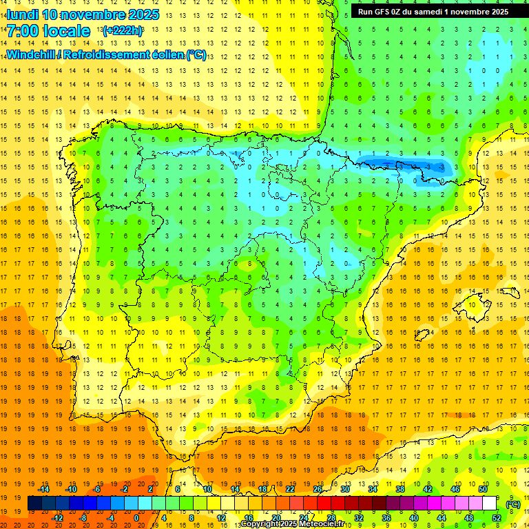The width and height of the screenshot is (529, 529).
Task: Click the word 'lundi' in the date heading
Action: (23, 14)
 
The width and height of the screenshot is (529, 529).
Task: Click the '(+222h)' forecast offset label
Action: (123, 31)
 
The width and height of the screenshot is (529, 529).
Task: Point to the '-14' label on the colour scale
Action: (44, 489)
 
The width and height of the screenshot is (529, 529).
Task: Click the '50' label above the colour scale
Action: (483, 489)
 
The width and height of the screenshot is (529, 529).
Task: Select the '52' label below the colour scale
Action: (497, 518)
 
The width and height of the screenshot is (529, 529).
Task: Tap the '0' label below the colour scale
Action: (136, 518)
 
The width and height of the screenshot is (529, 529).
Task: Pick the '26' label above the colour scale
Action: (318, 489)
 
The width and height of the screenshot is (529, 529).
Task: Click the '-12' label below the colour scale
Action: (57, 518)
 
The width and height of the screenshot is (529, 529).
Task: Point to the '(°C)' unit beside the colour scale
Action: (513, 504)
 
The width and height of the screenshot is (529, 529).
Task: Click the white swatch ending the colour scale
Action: (489, 504)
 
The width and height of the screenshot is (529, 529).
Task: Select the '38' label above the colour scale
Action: (400, 489)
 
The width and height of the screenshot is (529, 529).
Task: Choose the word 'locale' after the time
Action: (66, 32)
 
